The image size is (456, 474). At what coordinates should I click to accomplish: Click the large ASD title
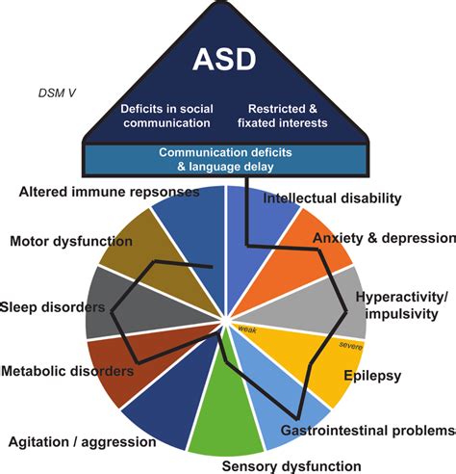(224, 60)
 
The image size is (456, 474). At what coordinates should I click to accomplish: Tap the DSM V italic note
(57, 93)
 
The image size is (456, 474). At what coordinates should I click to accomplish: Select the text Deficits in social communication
(166, 116)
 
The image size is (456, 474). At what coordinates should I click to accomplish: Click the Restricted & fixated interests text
(283, 116)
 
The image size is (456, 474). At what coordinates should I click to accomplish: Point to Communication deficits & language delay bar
(226, 160)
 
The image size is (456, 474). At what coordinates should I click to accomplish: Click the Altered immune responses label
(109, 192)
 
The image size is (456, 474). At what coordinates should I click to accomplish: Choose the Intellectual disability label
(332, 198)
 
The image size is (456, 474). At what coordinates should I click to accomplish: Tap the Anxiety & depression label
(384, 238)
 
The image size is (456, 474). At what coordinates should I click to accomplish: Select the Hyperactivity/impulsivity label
(401, 305)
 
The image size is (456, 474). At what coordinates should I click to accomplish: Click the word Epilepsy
(372, 376)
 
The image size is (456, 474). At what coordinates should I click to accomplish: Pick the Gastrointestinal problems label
(368, 431)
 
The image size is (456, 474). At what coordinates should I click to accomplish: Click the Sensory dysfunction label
(291, 466)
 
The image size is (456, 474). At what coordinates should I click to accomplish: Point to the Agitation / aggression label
(83, 442)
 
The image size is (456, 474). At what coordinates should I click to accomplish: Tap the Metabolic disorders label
(67, 371)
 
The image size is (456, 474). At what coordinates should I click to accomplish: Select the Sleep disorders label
(53, 307)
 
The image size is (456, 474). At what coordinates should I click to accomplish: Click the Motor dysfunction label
(71, 241)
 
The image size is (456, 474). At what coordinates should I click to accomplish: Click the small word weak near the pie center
(247, 329)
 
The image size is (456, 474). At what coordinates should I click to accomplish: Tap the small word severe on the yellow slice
(351, 346)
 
